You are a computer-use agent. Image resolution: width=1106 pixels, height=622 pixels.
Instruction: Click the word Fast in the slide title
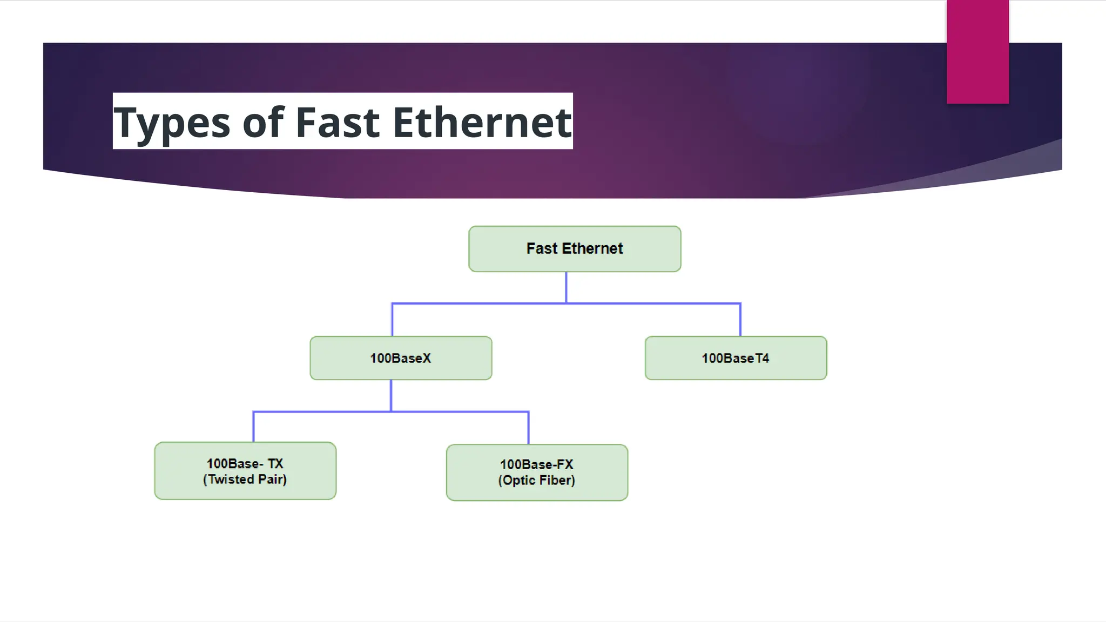pos(338,122)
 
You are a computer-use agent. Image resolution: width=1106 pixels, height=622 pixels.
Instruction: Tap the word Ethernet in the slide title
pos(482,122)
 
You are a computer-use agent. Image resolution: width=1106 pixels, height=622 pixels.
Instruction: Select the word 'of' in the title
pos(263,122)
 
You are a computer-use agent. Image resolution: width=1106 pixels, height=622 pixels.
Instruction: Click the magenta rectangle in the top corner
pos(977,51)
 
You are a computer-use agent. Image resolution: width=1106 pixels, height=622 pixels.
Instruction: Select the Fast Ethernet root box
pos(575,249)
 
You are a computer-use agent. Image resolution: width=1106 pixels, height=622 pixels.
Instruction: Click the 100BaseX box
pos(401,358)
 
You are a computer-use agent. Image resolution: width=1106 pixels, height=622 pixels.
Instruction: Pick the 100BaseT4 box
pos(736,358)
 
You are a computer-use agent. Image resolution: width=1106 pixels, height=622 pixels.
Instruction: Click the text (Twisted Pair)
pos(245,479)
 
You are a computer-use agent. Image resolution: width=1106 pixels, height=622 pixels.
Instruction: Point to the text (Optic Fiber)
pos(537,481)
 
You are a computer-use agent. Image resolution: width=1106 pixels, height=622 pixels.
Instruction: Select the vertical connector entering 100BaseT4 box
pos(740,320)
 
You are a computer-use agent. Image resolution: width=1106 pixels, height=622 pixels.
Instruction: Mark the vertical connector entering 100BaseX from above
pos(392,320)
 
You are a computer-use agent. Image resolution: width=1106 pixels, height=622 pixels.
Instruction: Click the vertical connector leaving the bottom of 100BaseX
pos(391,395)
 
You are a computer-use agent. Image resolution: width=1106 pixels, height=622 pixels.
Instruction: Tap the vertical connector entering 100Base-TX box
pos(253,427)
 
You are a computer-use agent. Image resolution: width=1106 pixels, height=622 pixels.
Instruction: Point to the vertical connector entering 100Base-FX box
pos(528,428)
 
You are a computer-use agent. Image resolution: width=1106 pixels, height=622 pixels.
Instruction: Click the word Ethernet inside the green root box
pos(592,248)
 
